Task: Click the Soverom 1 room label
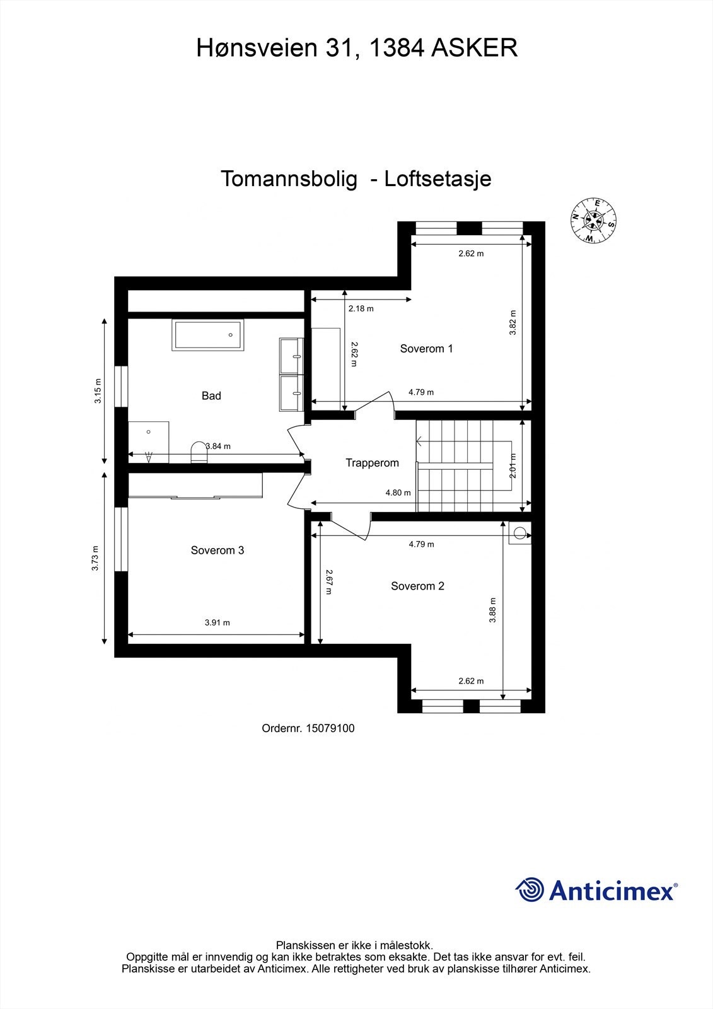point(426,348)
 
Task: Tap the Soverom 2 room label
point(417,586)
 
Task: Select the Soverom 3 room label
point(217,551)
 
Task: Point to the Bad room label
point(211,396)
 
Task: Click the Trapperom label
point(372,463)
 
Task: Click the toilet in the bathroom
point(199,451)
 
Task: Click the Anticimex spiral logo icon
point(530,890)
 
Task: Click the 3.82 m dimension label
point(513,322)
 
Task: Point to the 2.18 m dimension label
point(361,309)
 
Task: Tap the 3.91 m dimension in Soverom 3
point(217,622)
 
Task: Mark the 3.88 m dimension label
point(493,610)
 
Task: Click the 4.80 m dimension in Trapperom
point(398,493)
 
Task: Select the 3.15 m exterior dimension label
point(98,391)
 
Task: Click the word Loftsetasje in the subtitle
point(438,179)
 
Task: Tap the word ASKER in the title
point(474,48)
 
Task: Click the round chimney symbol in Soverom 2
point(519,534)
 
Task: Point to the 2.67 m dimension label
point(329,582)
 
